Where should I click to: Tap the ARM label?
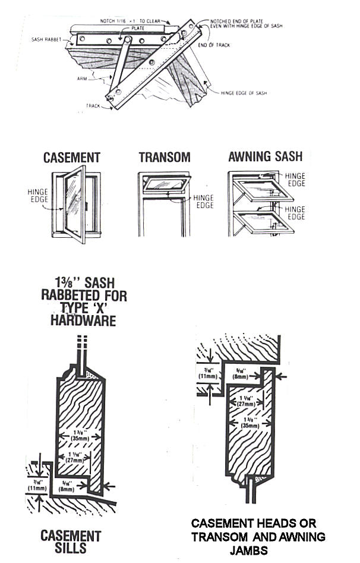click(x=83, y=78)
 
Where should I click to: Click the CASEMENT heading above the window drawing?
click(x=71, y=158)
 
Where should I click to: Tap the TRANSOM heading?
click(x=165, y=158)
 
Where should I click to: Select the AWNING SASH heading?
click(x=265, y=158)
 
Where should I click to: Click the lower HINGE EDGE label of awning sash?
click(x=295, y=213)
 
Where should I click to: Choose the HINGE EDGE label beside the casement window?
click(x=38, y=196)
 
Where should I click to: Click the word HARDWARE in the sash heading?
click(x=84, y=320)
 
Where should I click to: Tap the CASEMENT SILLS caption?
click(x=71, y=543)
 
